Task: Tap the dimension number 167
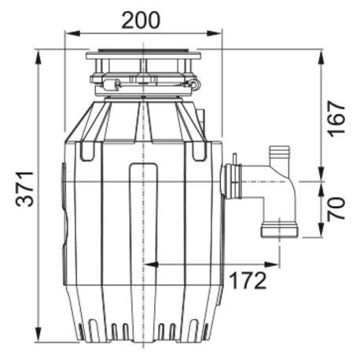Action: pyautogui.click(x=336, y=118)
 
